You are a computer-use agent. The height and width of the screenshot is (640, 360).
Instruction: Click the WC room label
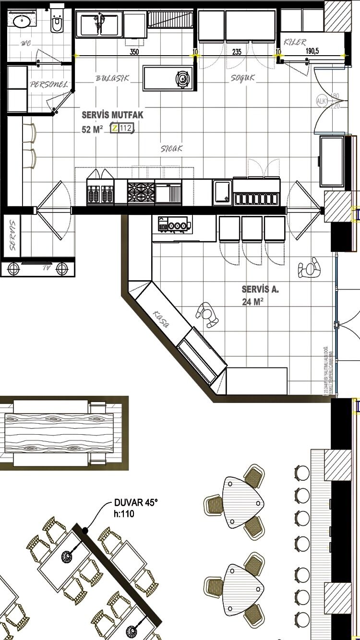point(25,44)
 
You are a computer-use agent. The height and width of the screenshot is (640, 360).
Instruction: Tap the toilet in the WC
point(57,22)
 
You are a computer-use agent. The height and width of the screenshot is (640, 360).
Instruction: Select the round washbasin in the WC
point(21,21)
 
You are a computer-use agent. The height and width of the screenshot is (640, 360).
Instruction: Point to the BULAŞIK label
point(112,78)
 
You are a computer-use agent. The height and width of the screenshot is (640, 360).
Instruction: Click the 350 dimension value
point(134,52)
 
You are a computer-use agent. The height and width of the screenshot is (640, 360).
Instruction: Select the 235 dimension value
point(237,52)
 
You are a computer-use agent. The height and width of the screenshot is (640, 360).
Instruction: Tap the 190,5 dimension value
point(313,52)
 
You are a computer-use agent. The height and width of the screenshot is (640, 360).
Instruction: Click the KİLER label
point(295,42)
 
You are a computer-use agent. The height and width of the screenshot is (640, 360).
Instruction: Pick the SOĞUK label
point(242,78)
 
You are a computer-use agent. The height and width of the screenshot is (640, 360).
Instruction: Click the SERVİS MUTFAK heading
point(112,115)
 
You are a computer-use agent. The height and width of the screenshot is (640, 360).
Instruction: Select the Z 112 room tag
point(122,128)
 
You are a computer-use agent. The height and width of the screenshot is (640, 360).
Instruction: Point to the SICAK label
point(171,148)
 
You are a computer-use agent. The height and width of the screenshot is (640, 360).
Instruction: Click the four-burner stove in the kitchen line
point(141,192)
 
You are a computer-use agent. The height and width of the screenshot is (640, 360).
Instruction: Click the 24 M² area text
point(252,302)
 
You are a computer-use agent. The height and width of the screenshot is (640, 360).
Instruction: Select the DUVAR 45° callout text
point(136,503)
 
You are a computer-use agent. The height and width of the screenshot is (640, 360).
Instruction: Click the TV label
point(47,268)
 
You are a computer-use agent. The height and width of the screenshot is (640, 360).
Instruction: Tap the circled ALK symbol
point(321,101)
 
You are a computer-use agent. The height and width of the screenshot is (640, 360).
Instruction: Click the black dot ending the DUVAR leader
point(85,530)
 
